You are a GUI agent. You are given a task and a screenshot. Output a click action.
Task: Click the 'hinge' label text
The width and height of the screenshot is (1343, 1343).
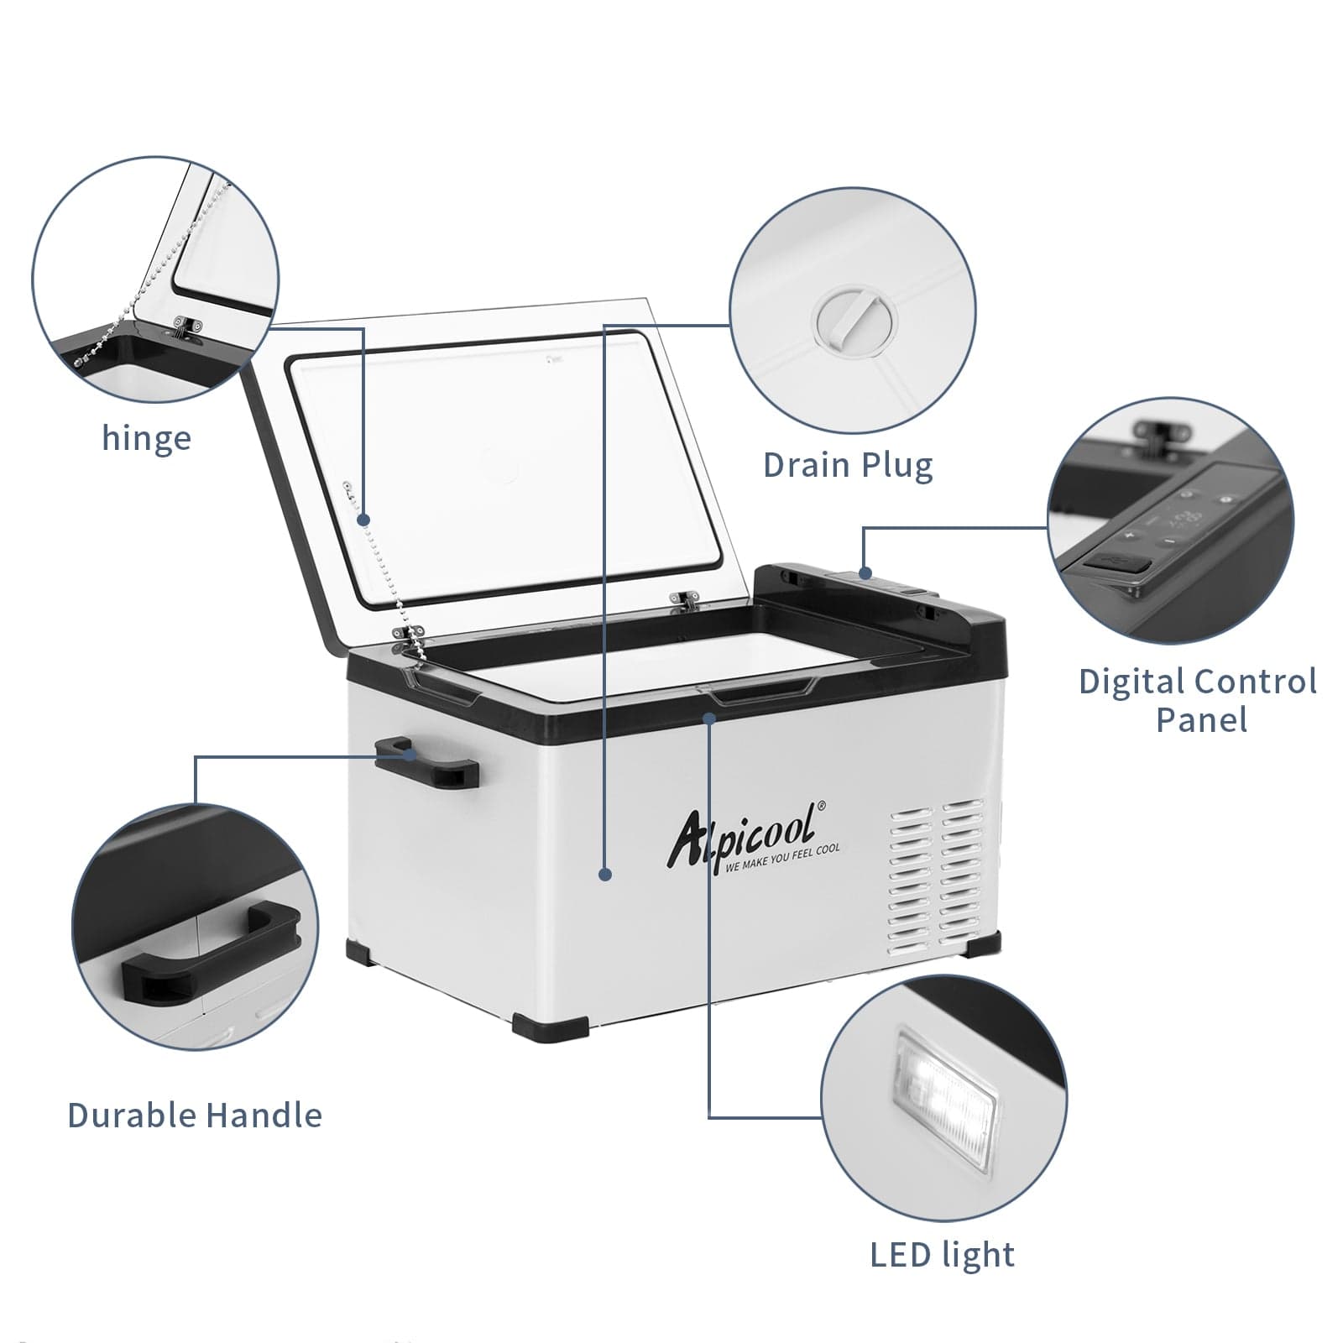tap(146, 438)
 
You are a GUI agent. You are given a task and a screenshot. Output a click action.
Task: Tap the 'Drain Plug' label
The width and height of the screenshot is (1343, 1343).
tap(848, 465)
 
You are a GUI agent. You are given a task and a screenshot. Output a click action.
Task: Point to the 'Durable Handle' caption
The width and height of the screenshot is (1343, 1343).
tap(195, 1116)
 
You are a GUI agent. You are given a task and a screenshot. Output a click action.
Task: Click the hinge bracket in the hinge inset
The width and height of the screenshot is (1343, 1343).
tap(187, 325)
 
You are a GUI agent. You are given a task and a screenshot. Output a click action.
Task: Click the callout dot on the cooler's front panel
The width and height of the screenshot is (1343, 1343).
tap(604, 874)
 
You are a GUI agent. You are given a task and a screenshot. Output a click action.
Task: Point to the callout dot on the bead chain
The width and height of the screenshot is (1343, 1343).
tap(363, 520)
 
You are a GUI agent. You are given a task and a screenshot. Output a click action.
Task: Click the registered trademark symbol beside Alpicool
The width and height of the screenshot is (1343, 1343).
tap(821, 803)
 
